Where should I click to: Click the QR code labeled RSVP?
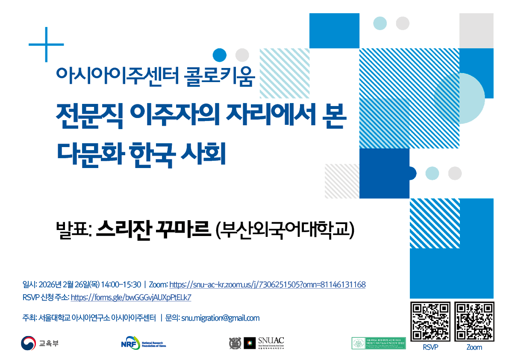430,322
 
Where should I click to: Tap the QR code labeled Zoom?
474,322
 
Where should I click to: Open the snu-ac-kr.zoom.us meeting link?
268,285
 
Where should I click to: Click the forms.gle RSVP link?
131,298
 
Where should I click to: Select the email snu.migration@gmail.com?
221,318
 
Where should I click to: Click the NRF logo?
143,343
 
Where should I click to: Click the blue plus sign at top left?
46,44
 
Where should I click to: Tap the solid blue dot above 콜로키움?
219,55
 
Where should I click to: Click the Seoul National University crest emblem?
235,343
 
